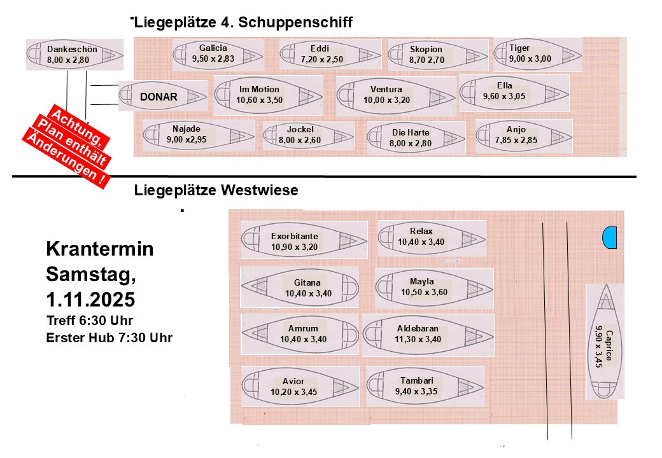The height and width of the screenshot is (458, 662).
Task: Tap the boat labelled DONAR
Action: tap(163, 97)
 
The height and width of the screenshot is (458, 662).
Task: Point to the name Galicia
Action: tap(213, 48)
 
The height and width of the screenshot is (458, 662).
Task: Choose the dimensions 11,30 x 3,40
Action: tap(418, 339)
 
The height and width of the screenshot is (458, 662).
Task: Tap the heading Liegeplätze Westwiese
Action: tap(216, 190)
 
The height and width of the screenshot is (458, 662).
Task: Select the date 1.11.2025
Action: tap(90, 298)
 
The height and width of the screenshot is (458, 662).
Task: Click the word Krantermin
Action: tap(100, 249)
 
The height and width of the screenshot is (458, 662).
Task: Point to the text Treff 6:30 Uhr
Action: tap(90, 320)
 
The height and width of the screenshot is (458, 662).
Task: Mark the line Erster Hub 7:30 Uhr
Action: tap(109, 337)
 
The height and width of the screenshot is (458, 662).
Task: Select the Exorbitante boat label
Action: tap(294, 236)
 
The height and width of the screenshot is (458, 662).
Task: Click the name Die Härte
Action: tap(411, 132)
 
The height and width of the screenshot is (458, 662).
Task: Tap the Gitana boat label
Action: tap(307, 282)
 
